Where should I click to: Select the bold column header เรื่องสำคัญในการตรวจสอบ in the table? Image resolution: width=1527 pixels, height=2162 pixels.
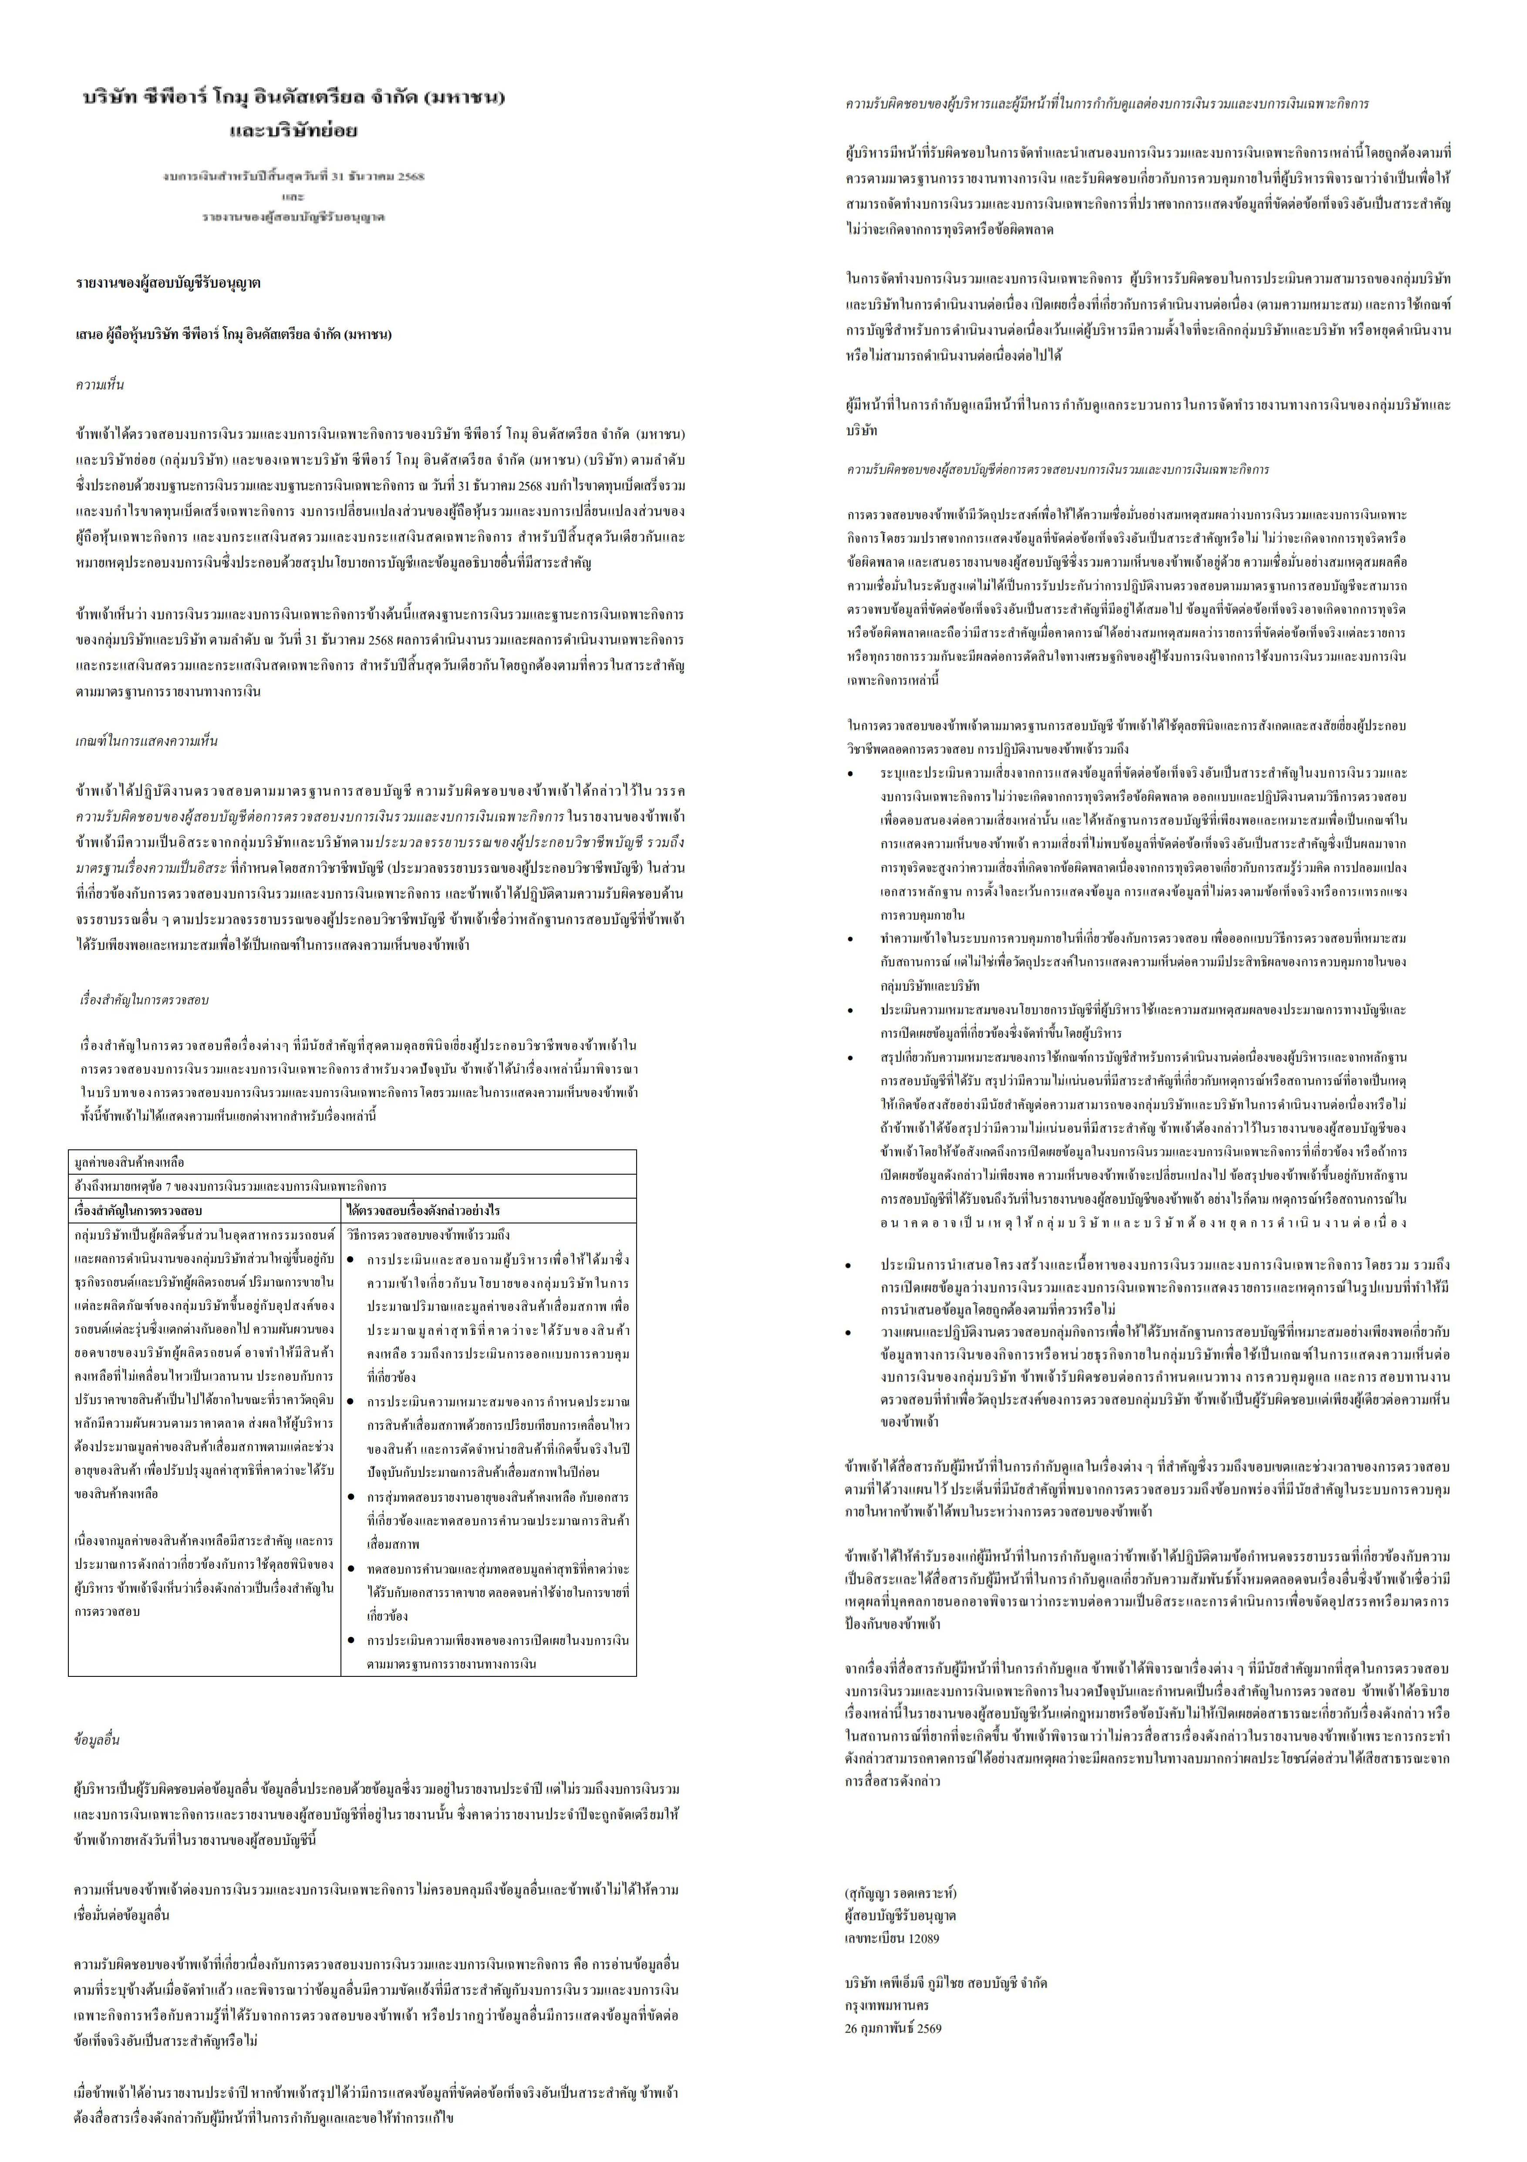(x=138, y=1210)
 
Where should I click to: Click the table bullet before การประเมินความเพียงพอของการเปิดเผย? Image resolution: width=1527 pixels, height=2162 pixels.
(x=351, y=1640)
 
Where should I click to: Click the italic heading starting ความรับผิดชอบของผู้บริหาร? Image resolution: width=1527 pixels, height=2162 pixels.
(x=1106, y=104)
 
